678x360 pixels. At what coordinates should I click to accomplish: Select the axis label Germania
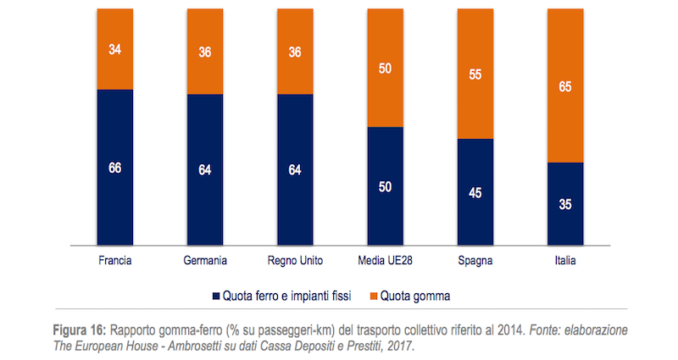click(x=205, y=261)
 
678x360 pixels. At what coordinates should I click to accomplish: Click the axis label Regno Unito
click(x=295, y=261)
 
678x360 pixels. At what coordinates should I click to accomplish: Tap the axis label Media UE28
click(x=385, y=261)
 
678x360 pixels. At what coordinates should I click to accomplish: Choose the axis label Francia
click(x=115, y=261)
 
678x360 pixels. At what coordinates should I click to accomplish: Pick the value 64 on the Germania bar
click(x=205, y=169)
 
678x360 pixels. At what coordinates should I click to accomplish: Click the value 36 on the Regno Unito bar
click(x=295, y=51)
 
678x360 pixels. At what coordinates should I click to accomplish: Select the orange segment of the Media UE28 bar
click(x=385, y=68)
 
